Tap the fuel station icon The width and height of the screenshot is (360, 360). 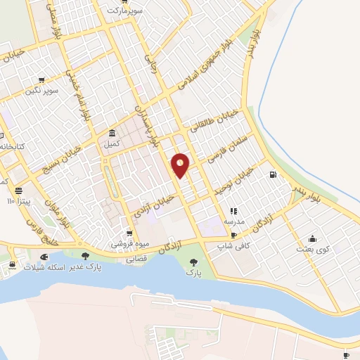(x=272, y=174)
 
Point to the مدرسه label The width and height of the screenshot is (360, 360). (x=233, y=221)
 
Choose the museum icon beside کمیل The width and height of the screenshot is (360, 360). (x=112, y=133)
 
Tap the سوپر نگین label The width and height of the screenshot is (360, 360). (x=41, y=91)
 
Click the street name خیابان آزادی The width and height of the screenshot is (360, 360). (x=158, y=205)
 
